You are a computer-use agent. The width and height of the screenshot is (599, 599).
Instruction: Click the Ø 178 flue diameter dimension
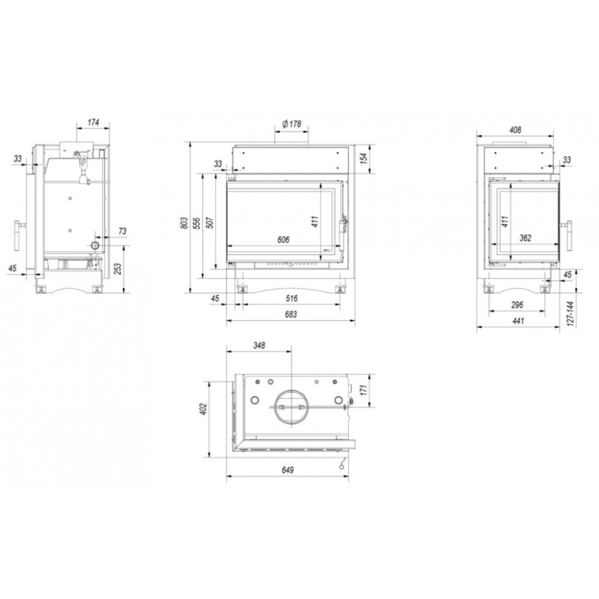[292, 124]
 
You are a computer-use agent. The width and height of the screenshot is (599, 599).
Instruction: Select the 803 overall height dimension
[184, 223]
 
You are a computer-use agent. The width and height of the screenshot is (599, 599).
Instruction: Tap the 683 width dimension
[291, 314]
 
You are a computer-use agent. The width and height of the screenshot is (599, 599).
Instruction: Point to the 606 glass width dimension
[283, 240]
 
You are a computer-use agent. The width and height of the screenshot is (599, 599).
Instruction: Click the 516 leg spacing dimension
[291, 298]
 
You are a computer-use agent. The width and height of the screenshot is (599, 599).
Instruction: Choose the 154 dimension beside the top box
[364, 158]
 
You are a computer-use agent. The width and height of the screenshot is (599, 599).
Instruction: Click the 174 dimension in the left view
[93, 122]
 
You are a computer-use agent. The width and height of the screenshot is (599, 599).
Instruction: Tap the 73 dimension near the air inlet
[122, 231]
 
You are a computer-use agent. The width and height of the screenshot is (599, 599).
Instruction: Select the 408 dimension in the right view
[515, 130]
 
